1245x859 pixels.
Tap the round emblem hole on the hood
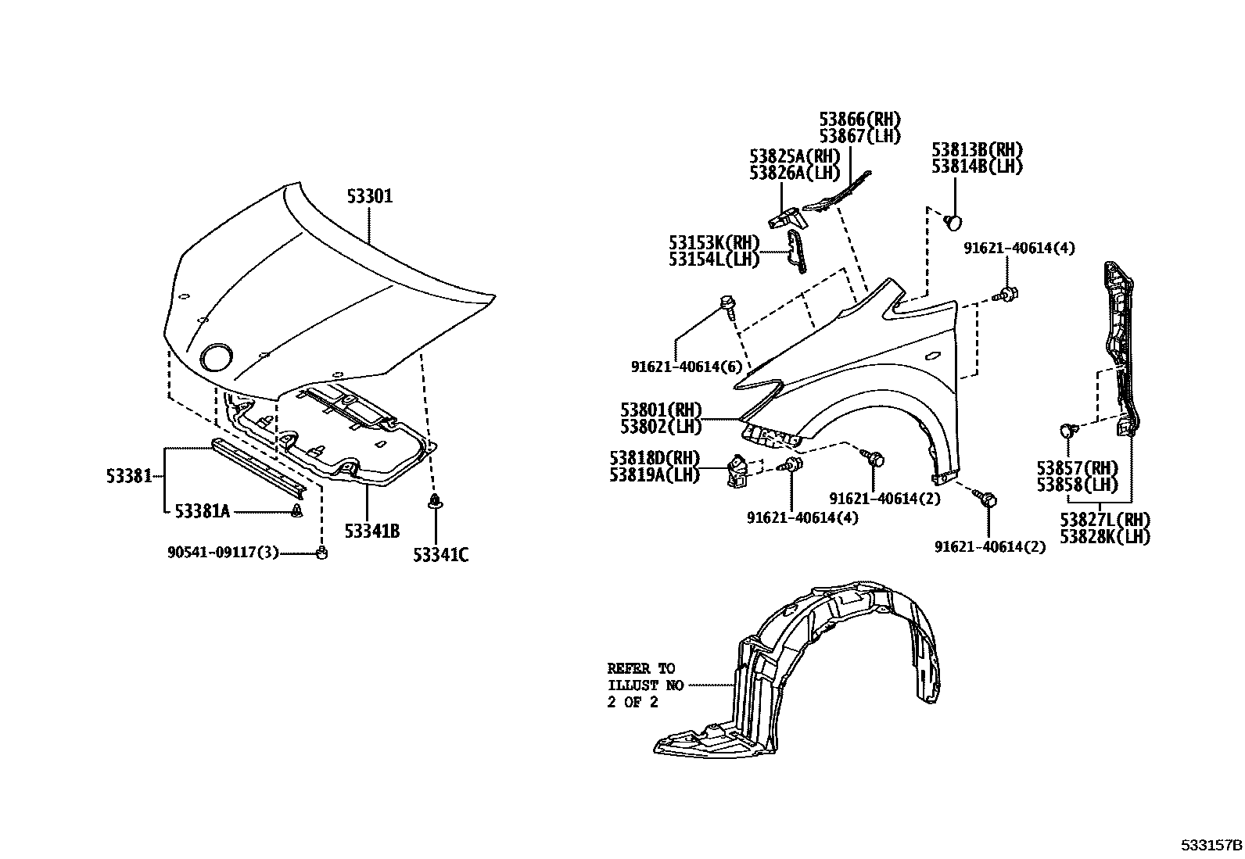[x=217, y=357]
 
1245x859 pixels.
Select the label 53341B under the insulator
[x=372, y=532]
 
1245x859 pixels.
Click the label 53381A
[x=202, y=511]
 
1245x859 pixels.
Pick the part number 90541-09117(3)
[x=223, y=553]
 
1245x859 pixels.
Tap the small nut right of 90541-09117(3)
[x=321, y=553]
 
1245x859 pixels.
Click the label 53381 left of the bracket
[x=129, y=475]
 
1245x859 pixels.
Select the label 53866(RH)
[x=860, y=120]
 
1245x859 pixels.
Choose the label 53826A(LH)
[x=795, y=173]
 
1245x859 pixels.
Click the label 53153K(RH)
[x=714, y=242]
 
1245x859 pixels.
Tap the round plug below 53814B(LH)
[x=953, y=222]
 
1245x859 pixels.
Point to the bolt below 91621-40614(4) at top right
[x=1008, y=294]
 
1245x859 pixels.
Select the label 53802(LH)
[x=662, y=427]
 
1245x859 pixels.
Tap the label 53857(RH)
[x=1077, y=468]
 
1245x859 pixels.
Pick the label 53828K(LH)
[x=1105, y=537]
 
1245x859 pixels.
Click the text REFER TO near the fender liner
[x=640, y=668]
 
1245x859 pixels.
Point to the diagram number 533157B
[x=1211, y=846]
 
